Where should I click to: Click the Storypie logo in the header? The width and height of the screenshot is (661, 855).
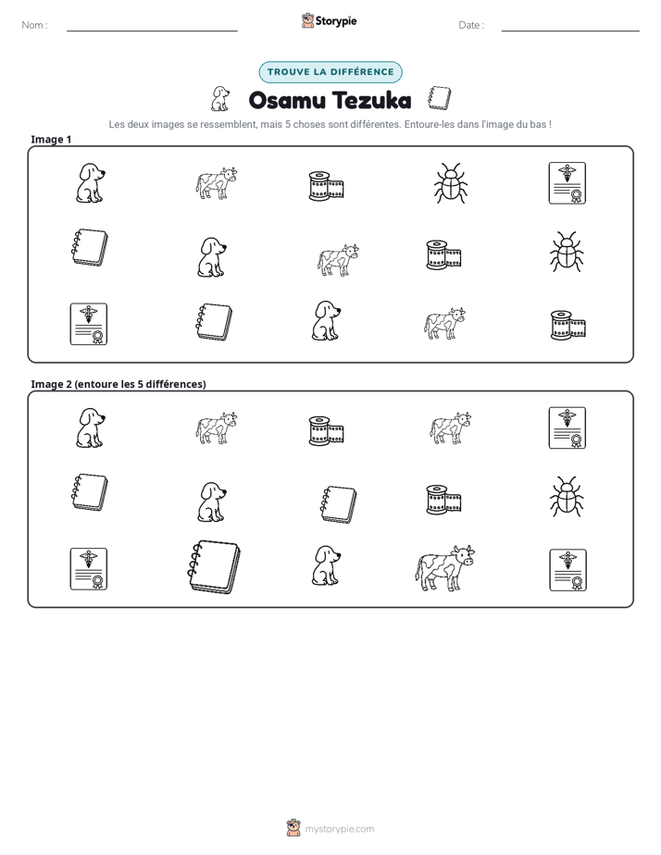click(x=329, y=20)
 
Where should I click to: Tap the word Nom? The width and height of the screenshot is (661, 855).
click(x=32, y=25)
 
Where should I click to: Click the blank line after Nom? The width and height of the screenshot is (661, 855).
click(x=152, y=31)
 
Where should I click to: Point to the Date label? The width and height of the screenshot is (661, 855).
click(x=469, y=25)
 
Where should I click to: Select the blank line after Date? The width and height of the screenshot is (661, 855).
click(x=570, y=31)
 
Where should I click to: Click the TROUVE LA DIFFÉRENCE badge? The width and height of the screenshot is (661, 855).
click(x=330, y=72)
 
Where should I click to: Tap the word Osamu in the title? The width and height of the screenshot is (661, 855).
click(x=287, y=100)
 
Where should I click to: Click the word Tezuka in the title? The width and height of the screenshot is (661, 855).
click(x=372, y=100)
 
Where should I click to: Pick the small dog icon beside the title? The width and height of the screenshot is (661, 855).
click(x=219, y=99)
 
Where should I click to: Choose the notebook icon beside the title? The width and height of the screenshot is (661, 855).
click(x=440, y=98)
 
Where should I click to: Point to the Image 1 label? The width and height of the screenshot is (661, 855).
click(x=51, y=140)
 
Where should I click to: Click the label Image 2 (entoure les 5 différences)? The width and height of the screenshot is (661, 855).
click(x=118, y=384)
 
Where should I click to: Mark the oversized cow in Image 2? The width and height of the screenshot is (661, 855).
click(x=444, y=568)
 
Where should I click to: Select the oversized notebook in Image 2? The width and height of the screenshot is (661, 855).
click(x=214, y=567)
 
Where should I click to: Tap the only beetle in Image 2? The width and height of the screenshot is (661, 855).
click(x=567, y=497)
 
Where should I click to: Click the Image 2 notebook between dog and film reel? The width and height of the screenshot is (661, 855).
click(x=338, y=504)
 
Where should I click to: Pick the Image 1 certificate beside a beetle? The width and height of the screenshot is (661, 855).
click(x=567, y=183)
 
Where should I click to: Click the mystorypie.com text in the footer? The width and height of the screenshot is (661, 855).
click(x=339, y=829)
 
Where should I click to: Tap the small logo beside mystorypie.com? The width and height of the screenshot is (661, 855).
click(x=293, y=828)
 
